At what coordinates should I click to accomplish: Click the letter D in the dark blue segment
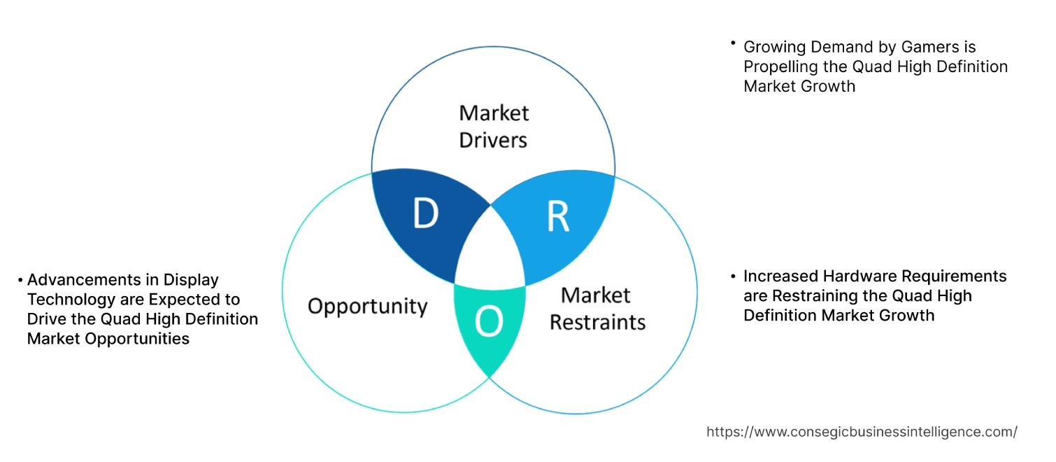[425, 214]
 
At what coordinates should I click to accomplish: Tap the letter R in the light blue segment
[557, 217]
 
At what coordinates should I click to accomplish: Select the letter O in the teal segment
[488, 323]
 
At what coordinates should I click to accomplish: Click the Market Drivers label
[493, 126]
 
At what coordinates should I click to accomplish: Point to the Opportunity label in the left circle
[368, 306]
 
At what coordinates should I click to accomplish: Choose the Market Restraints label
[597, 309]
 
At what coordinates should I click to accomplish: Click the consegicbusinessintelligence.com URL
[862, 432]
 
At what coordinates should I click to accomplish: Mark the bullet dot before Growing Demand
[733, 43]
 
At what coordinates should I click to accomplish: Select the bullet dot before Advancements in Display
[20, 280]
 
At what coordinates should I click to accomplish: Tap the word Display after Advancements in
[191, 280]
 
